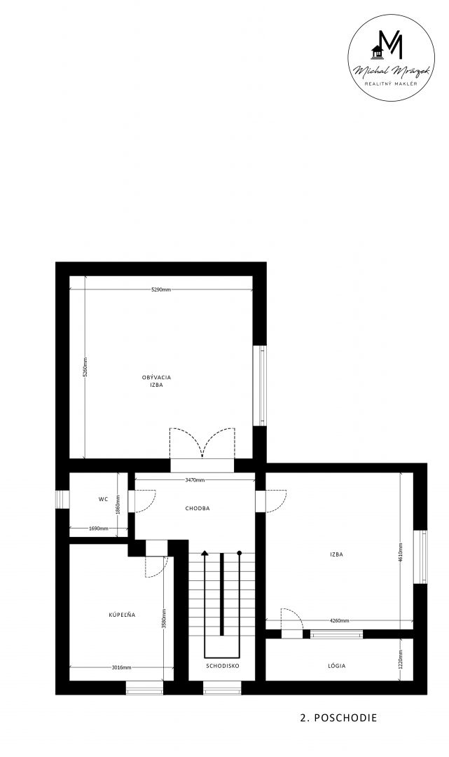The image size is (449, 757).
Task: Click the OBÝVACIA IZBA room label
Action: tap(156, 381)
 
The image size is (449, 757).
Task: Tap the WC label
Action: tap(103, 499)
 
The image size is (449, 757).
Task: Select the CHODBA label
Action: tap(198, 508)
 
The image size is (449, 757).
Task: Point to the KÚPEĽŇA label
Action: tap(122, 615)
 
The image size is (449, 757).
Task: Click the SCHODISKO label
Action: tap(223, 665)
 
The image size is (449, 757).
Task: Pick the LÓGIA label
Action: tap(337, 666)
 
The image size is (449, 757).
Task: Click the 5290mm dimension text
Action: tap(161, 289)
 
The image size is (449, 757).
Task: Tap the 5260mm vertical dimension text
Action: tap(85, 367)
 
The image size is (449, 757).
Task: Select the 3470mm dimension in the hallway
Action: tap(195, 480)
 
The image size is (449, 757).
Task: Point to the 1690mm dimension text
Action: tap(98, 528)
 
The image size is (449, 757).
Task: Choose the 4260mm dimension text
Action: tap(340, 621)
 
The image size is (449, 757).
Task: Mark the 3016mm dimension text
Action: tap(121, 668)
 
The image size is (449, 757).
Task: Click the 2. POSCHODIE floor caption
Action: tap(338, 718)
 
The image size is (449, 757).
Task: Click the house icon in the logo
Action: tap(377, 50)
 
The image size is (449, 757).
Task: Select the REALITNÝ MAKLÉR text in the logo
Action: tap(391, 83)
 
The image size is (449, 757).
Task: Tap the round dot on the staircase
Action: tap(239, 553)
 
